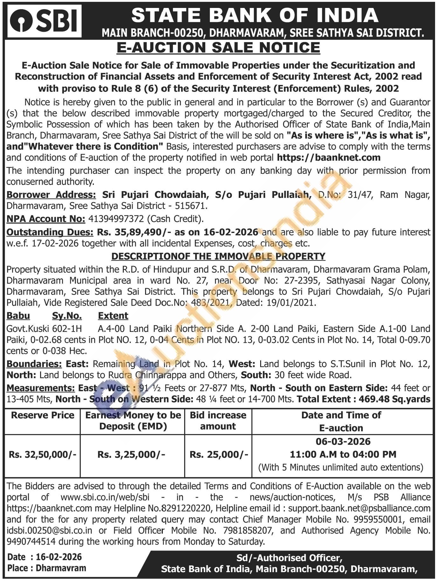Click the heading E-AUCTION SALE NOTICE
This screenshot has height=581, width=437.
click(x=218, y=48)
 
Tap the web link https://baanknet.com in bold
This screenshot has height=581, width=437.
click(x=329, y=157)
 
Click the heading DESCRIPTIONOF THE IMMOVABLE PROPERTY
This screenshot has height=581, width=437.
click(x=218, y=256)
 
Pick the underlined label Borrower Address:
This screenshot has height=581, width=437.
click(x=51, y=194)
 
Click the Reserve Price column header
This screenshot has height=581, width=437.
click(x=43, y=415)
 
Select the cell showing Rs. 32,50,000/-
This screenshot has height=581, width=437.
click(x=43, y=454)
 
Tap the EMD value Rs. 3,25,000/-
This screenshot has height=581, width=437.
click(x=131, y=454)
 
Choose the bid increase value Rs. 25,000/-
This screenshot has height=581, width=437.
click(x=218, y=454)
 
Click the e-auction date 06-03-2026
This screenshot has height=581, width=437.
click(x=343, y=441)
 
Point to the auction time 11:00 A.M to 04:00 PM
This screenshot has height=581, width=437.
click(x=343, y=454)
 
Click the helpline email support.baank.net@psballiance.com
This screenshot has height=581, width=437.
click(x=359, y=508)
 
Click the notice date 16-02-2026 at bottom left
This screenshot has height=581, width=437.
click(x=59, y=557)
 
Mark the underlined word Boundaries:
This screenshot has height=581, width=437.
click(x=34, y=364)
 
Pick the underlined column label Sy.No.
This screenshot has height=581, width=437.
click(x=67, y=316)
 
